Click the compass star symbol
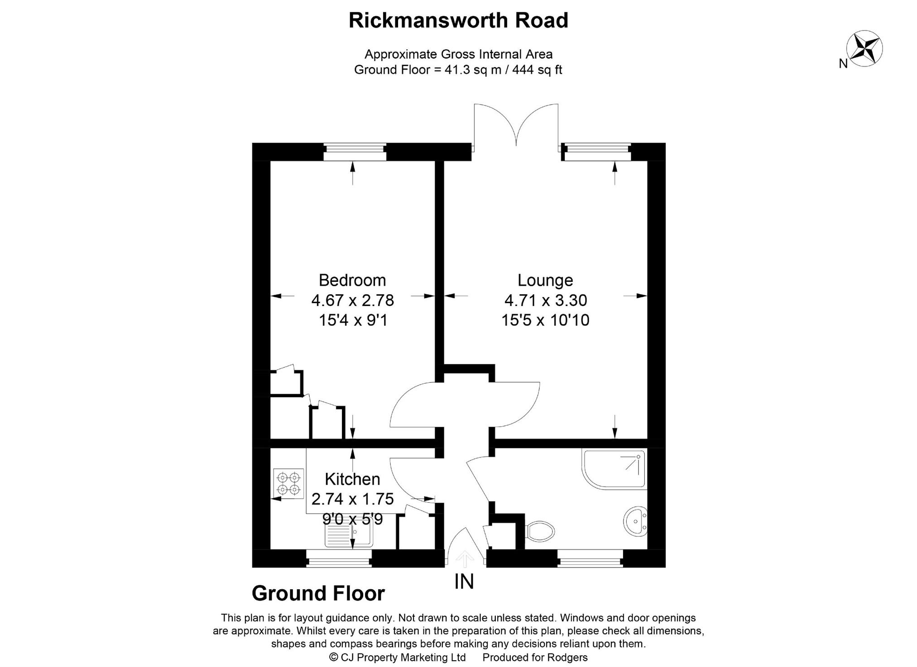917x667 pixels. [x=864, y=48]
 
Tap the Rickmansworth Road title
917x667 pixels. [x=458, y=20]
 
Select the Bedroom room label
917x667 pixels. [x=352, y=280]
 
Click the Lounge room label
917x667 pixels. [x=545, y=280]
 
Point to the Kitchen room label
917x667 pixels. [x=352, y=479]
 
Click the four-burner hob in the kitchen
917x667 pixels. [x=288, y=483]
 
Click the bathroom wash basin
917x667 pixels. [x=636, y=521]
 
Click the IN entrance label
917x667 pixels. [x=464, y=581]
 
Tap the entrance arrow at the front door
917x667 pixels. [x=464, y=558]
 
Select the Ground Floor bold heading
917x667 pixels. [x=318, y=593]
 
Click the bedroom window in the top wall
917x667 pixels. [x=355, y=152]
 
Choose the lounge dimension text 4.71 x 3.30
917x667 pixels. [x=545, y=300]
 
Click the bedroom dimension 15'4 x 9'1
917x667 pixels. [x=353, y=320]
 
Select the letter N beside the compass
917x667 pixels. [x=843, y=64]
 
